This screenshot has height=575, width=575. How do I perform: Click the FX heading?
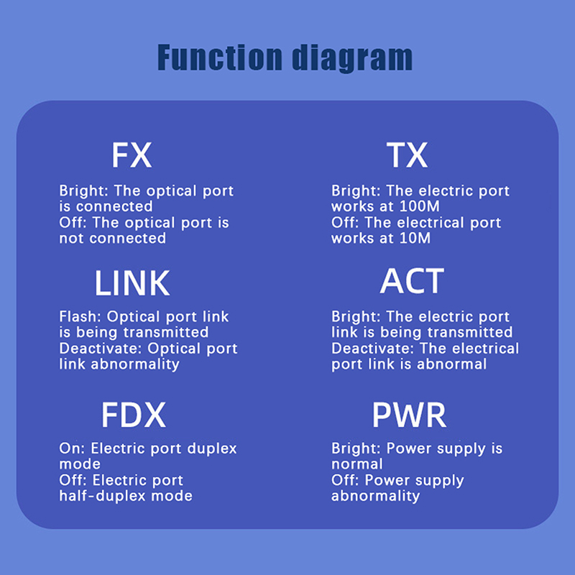(132, 155)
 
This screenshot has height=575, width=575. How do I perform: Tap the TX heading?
(407, 155)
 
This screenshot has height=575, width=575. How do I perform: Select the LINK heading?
(132, 284)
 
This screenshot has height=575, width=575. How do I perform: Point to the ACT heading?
(412, 282)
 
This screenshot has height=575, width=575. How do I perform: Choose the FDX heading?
(134, 415)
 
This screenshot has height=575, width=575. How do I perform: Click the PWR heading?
(409, 415)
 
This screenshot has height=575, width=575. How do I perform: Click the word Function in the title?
(220, 57)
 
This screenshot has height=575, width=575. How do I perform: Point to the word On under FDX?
(69, 448)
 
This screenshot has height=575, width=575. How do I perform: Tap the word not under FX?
(71, 238)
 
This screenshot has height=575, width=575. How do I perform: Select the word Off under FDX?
(71, 480)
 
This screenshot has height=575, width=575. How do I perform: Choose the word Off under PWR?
(344, 480)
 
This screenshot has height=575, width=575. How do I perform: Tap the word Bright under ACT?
(354, 316)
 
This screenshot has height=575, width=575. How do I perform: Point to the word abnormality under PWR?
(375, 496)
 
